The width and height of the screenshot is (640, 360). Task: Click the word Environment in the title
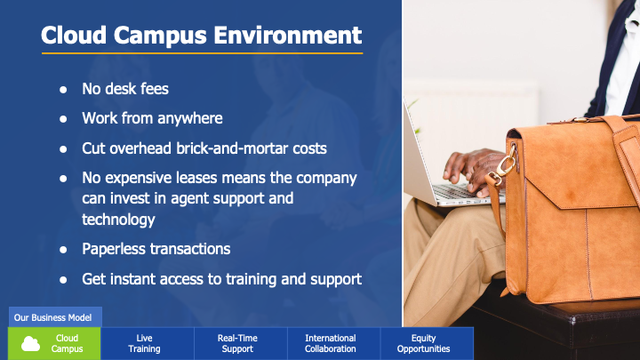[x=288, y=35]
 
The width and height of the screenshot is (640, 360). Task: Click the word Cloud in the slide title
[x=74, y=35]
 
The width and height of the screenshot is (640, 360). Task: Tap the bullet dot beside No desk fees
[x=63, y=90]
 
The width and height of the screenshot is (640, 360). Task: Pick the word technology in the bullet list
[x=118, y=220]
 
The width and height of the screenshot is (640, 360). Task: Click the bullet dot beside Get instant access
[x=63, y=280]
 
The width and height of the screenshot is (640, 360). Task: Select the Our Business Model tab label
[x=52, y=317]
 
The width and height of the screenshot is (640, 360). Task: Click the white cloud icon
[x=30, y=344]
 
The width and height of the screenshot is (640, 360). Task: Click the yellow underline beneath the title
[x=202, y=53]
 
